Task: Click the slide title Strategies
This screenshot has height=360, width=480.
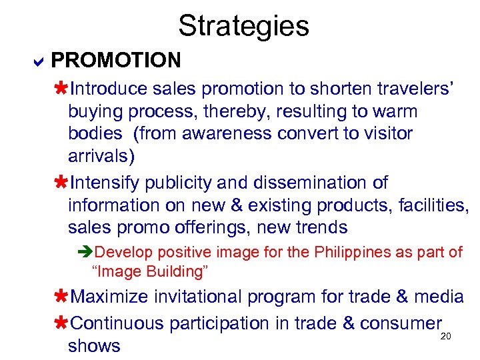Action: tap(243, 25)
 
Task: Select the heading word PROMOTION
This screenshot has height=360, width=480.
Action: tap(116, 61)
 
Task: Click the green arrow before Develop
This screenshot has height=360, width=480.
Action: tap(84, 252)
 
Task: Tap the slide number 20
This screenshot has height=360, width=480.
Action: tap(446, 336)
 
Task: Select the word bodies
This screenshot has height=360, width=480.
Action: tap(95, 133)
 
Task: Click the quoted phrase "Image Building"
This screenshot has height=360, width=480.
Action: tap(150, 271)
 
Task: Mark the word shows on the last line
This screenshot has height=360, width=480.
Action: tap(94, 345)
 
